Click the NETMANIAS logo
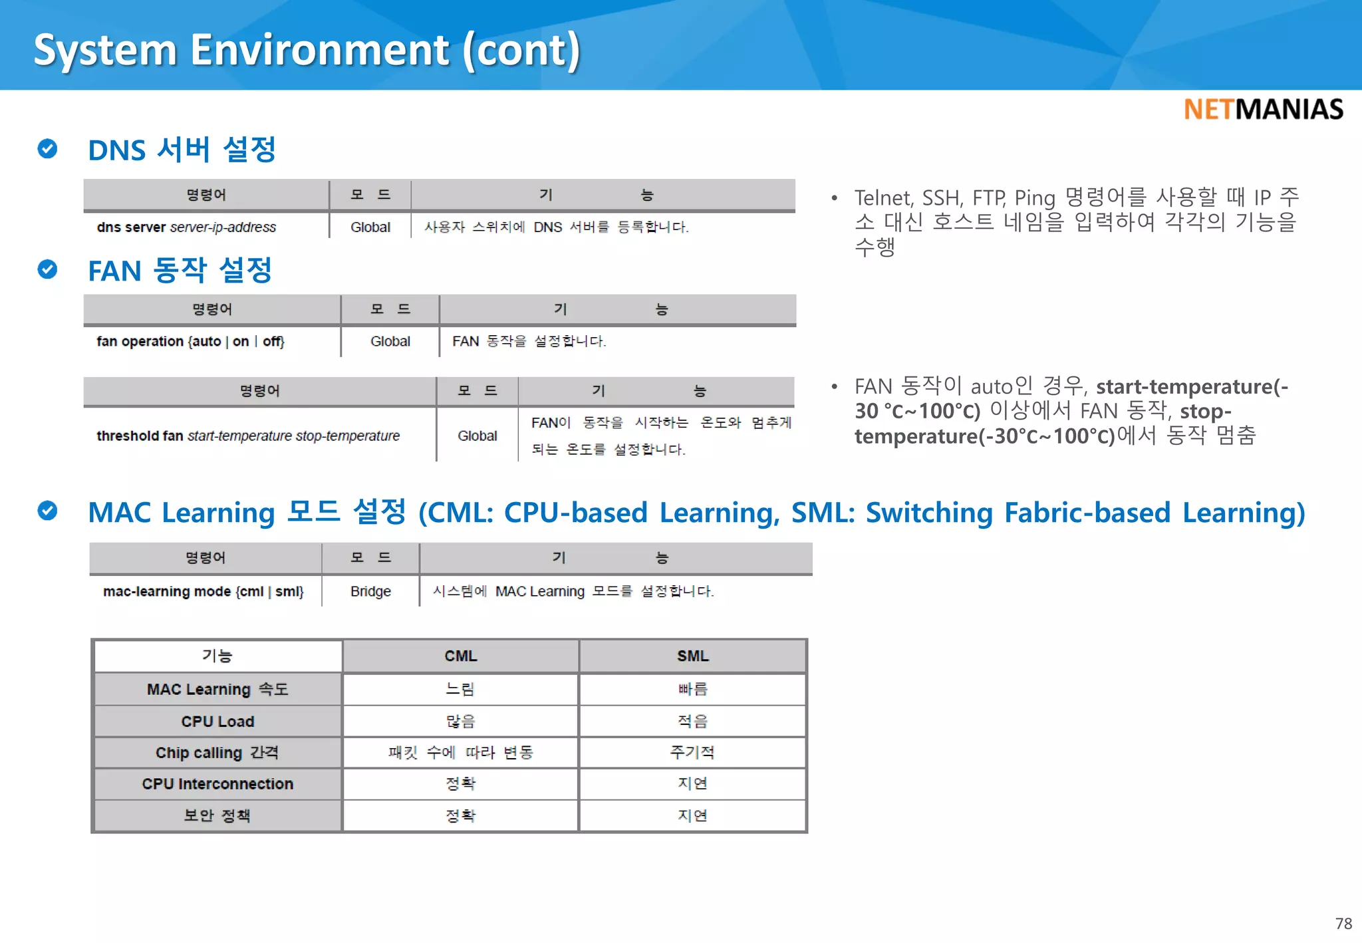pos(1263,110)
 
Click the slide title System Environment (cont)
pos(307,50)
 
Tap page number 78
pos(1343,923)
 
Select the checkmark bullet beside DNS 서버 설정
pos(47,148)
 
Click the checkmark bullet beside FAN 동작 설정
pos(47,269)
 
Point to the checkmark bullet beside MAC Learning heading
pos(47,511)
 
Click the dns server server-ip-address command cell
pos(186,227)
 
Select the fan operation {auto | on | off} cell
pos(191,342)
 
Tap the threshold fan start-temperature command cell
pos(248,436)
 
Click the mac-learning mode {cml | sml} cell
pos(203,592)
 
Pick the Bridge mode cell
pos(370,592)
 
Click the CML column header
pos(460,656)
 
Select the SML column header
pos(692,656)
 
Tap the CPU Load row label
pos(217,722)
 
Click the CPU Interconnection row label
pos(217,784)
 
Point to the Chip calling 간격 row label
pos(217,753)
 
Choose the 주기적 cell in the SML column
pos(692,753)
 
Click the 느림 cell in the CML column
pos(460,690)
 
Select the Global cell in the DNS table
pos(370,227)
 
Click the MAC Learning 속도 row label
pos(217,690)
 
